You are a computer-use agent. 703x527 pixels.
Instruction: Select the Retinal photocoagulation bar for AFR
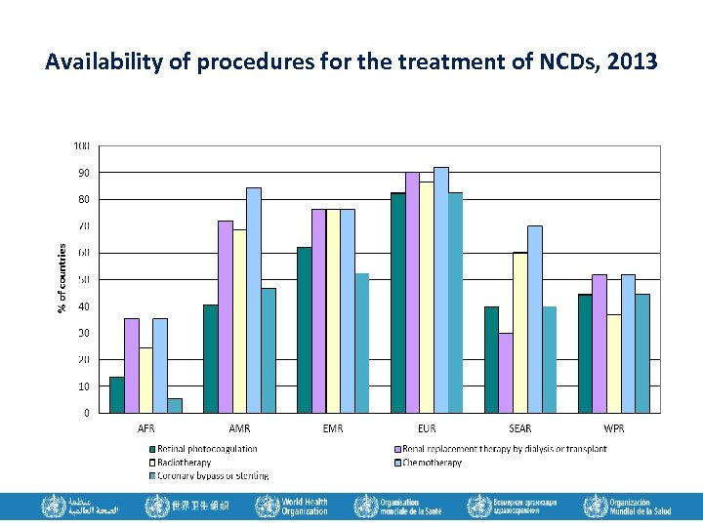pyautogui.click(x=116, y=395)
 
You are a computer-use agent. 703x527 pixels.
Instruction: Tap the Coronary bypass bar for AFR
pyautogui.click(x=175, y=405)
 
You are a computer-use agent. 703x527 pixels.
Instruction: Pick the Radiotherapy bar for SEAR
pyautogui.click(x=520, y=333)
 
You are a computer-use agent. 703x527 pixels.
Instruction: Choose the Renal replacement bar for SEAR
pyautogui.click(x=506, y=373)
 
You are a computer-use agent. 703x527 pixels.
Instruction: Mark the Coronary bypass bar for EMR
pyautogui.click(x=362, y=343)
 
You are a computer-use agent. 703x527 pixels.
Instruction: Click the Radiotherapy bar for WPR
pyautogui.click(x=614, y=363)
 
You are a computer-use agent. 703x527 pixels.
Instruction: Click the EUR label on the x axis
pyautogui.click(x=427, y=428)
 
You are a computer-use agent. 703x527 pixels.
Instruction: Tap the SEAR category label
pyautogui.click(x=520, y=428)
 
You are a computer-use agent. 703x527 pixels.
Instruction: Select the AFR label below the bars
pyautogui.click(x=145, y=428)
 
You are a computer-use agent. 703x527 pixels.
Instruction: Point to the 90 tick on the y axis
pyautogui.click(x=83, y=173)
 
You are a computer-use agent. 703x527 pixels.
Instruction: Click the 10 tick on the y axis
pyautogui.click(x=83, y=386)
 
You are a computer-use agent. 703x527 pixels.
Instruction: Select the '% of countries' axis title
pyautogui.click(x=62, y=278)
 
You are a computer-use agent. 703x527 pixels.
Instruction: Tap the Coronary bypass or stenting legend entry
pyautogui.click(x=210, y=475)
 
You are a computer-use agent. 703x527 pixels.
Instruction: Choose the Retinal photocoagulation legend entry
pyautogui.click(x=205, y=449)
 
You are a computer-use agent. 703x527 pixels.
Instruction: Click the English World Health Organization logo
pyautogui.click(x=292, y=507)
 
